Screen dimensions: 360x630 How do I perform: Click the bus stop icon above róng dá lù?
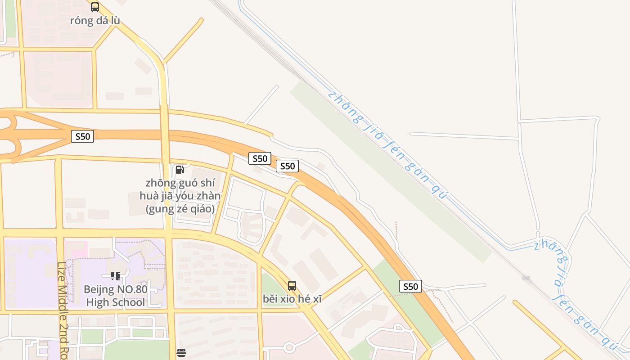point(94,7)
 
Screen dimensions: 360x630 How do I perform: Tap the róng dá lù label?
point(95,21)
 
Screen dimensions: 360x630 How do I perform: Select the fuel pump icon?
point(180,170)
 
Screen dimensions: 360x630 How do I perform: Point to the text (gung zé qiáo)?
point(180,209)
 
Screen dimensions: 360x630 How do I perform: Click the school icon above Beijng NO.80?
point(115,276)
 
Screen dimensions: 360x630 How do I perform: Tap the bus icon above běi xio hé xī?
point(292,285)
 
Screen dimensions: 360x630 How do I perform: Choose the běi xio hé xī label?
point(292,299)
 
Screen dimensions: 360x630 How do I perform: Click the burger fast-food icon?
point(181,353)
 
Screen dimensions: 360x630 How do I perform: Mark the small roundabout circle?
point(289,347)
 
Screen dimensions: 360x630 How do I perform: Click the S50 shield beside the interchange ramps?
point(82,136)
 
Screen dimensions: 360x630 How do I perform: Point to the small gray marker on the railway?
point(526,279)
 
